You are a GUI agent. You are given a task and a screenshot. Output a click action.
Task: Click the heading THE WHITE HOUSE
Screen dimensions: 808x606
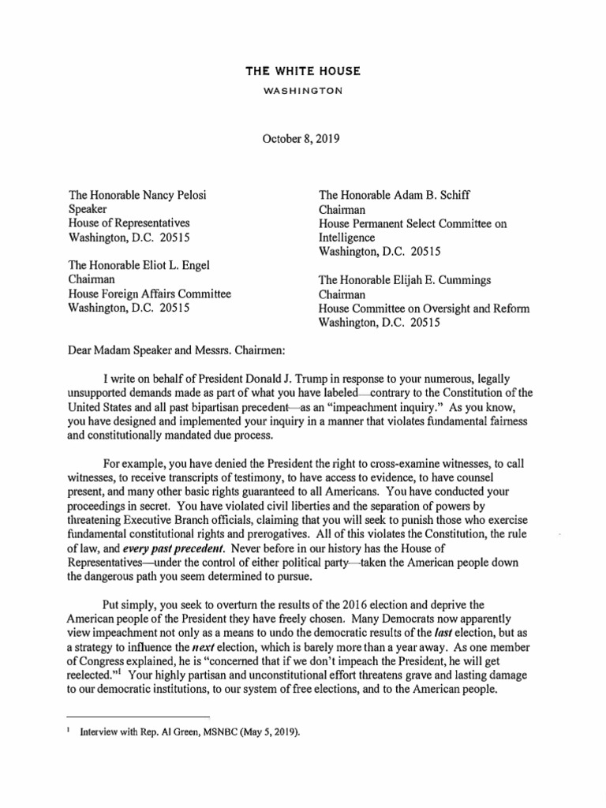pyautogui.click(x=303, y=71)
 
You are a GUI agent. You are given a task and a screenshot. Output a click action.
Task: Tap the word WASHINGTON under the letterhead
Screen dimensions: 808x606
pyautogui.click(x=303, y=91)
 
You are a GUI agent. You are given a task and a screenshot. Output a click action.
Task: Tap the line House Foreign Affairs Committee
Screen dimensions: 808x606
pyautogui.click(x=151, y=294)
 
